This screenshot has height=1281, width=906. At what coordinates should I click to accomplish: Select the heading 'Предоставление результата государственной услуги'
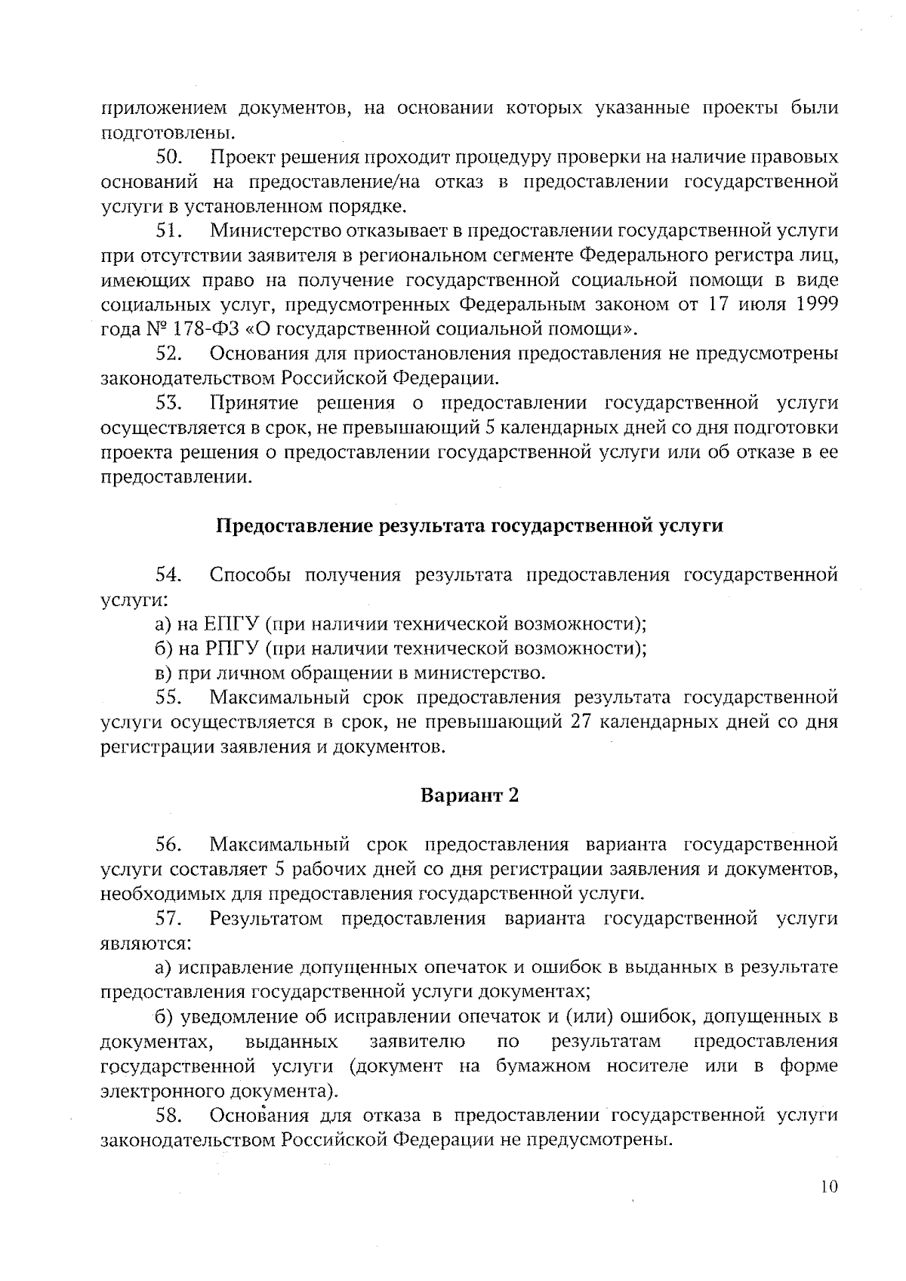(470, 526)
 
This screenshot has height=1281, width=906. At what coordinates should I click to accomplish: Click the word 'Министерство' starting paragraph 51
(279, 231)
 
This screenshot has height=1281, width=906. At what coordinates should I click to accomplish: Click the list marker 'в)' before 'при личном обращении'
(164, 673)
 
